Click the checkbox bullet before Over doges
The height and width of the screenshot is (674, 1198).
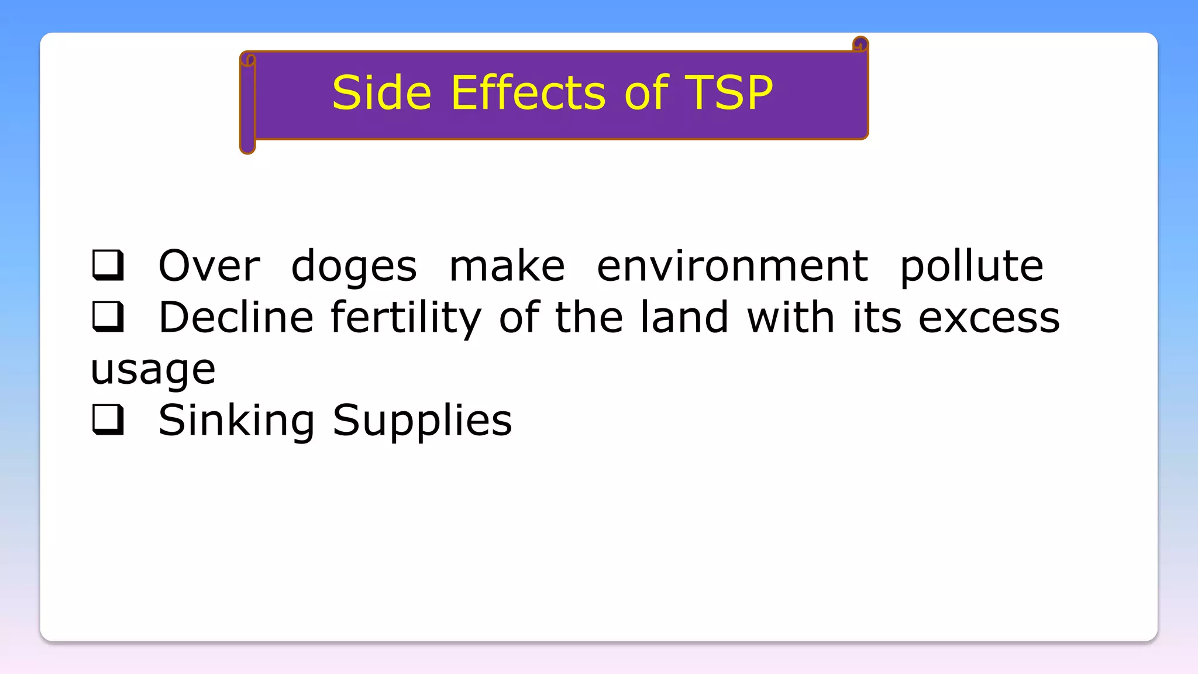coord(108,265)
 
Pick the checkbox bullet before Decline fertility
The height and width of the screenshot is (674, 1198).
coord(108,317)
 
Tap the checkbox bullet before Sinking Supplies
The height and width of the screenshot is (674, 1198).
coord(108,419)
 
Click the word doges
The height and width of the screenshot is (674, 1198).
coord(354,266)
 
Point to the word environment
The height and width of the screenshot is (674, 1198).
coord(732,266)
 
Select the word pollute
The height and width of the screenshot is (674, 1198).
coord(971,266)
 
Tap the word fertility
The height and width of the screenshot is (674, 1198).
coord(406,318)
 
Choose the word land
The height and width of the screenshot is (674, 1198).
coord(684,317)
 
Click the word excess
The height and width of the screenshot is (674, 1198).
coord(989,318)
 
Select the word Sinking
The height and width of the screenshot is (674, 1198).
coord(236,421)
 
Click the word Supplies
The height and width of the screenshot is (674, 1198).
coord(422,421)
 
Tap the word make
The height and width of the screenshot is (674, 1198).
coord(507,266)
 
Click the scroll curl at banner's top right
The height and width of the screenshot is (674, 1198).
coord(860,44)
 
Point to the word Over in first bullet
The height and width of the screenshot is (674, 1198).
coord(209,266)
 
